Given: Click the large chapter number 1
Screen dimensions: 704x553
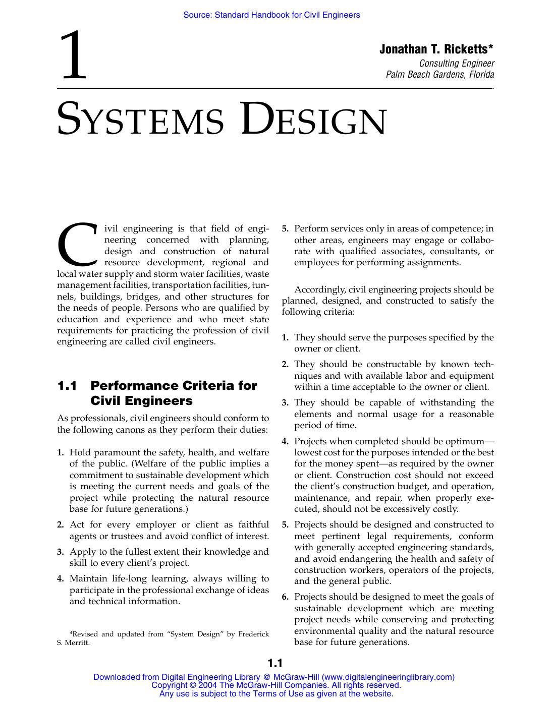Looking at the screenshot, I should [74, 56].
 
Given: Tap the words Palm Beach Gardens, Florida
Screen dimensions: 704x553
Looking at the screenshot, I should [439, 75].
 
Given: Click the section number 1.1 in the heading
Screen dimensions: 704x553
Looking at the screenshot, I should [67, 386].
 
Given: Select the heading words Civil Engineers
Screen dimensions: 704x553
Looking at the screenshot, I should [141, 401].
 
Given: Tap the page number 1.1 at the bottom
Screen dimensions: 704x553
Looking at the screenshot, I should [275, 663].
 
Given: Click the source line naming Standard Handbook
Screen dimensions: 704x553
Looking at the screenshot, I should [271, 15].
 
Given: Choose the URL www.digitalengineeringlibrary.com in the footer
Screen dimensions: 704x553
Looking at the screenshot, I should [388, 677].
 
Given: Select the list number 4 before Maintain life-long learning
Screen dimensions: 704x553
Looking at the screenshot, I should [60, 579].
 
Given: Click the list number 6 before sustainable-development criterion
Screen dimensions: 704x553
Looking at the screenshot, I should [285, 597].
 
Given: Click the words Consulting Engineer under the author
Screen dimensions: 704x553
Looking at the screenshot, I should [457, 63].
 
